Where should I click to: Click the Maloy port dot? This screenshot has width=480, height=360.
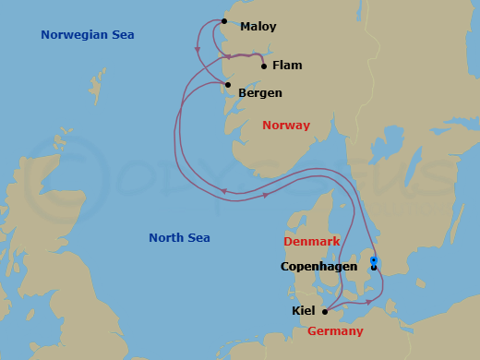click(x=224, y=20)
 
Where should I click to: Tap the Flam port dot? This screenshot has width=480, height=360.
click(x=264, y=66)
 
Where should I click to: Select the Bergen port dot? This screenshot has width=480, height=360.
click(x=227, y=86)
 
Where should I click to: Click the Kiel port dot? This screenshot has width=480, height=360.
click(x=325, y=311)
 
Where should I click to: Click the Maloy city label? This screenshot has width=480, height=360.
click(x=258, y=27)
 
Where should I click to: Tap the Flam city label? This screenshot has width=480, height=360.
click(x=287, y=66)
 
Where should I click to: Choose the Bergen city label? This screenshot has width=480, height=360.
click(x=260, y=93)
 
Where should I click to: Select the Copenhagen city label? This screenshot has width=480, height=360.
click(x=318, y=267)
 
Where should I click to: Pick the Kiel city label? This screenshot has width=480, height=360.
click(x=304, y=311)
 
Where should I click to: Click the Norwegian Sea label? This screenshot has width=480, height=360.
click(x=88, y=35)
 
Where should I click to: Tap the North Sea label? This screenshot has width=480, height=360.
click(x=180, y=237)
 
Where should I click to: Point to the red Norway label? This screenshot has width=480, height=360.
click(x=286, y=125)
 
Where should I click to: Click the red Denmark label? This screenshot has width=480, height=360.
click(x=312, y=241)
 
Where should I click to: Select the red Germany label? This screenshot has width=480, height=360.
click(x=335, y=330)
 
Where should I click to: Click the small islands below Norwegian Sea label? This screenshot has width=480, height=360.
click(x=95, y=85)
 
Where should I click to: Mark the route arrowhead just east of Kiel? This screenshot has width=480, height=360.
click(x=368, y=302)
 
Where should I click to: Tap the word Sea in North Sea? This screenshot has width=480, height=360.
click(x=198, y=237)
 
